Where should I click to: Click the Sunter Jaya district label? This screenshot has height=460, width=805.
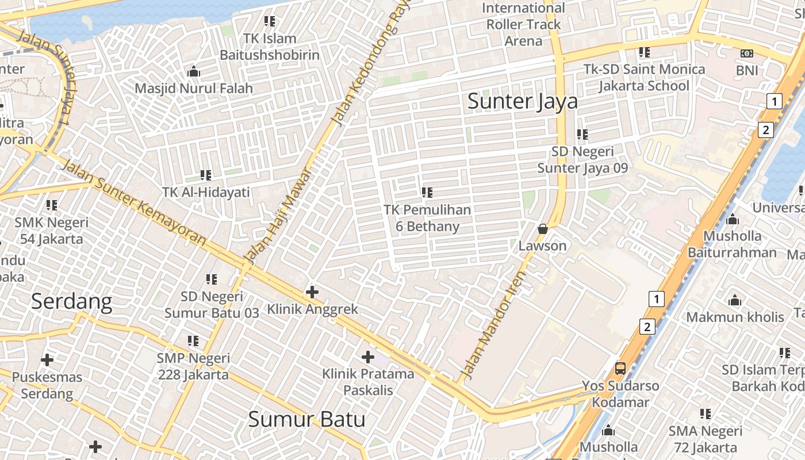(522, 101)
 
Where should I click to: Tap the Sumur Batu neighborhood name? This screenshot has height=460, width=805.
(306, 419)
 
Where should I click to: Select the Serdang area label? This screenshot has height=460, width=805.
(71, 301)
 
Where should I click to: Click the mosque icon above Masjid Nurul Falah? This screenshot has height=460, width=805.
(194, 72)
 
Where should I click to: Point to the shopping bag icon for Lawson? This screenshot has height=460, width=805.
(542, 229)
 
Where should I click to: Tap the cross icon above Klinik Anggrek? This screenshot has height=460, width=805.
(312, 292)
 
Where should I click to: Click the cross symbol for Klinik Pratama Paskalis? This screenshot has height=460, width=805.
(368, 357)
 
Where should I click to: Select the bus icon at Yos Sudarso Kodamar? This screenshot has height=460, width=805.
(620, 369)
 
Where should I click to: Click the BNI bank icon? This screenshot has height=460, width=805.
(747, 53)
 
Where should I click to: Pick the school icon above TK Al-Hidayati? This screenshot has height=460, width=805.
(205, 175)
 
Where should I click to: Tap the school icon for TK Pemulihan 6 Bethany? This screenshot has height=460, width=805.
(427, 193)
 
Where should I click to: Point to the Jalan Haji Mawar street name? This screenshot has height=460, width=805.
(278, 214)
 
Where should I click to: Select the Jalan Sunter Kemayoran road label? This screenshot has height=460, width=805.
(133, 202)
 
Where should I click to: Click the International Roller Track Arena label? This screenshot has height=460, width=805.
(523, 25)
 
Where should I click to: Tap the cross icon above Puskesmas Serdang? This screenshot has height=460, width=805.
(47, 361)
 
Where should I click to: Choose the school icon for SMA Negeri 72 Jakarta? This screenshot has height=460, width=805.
(706, 414)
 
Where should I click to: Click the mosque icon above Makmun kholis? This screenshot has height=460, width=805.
(734, 300)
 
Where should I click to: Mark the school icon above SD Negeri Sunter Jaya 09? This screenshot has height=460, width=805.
(582, 135)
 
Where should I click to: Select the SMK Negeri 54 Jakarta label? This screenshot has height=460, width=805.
(52, 231)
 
